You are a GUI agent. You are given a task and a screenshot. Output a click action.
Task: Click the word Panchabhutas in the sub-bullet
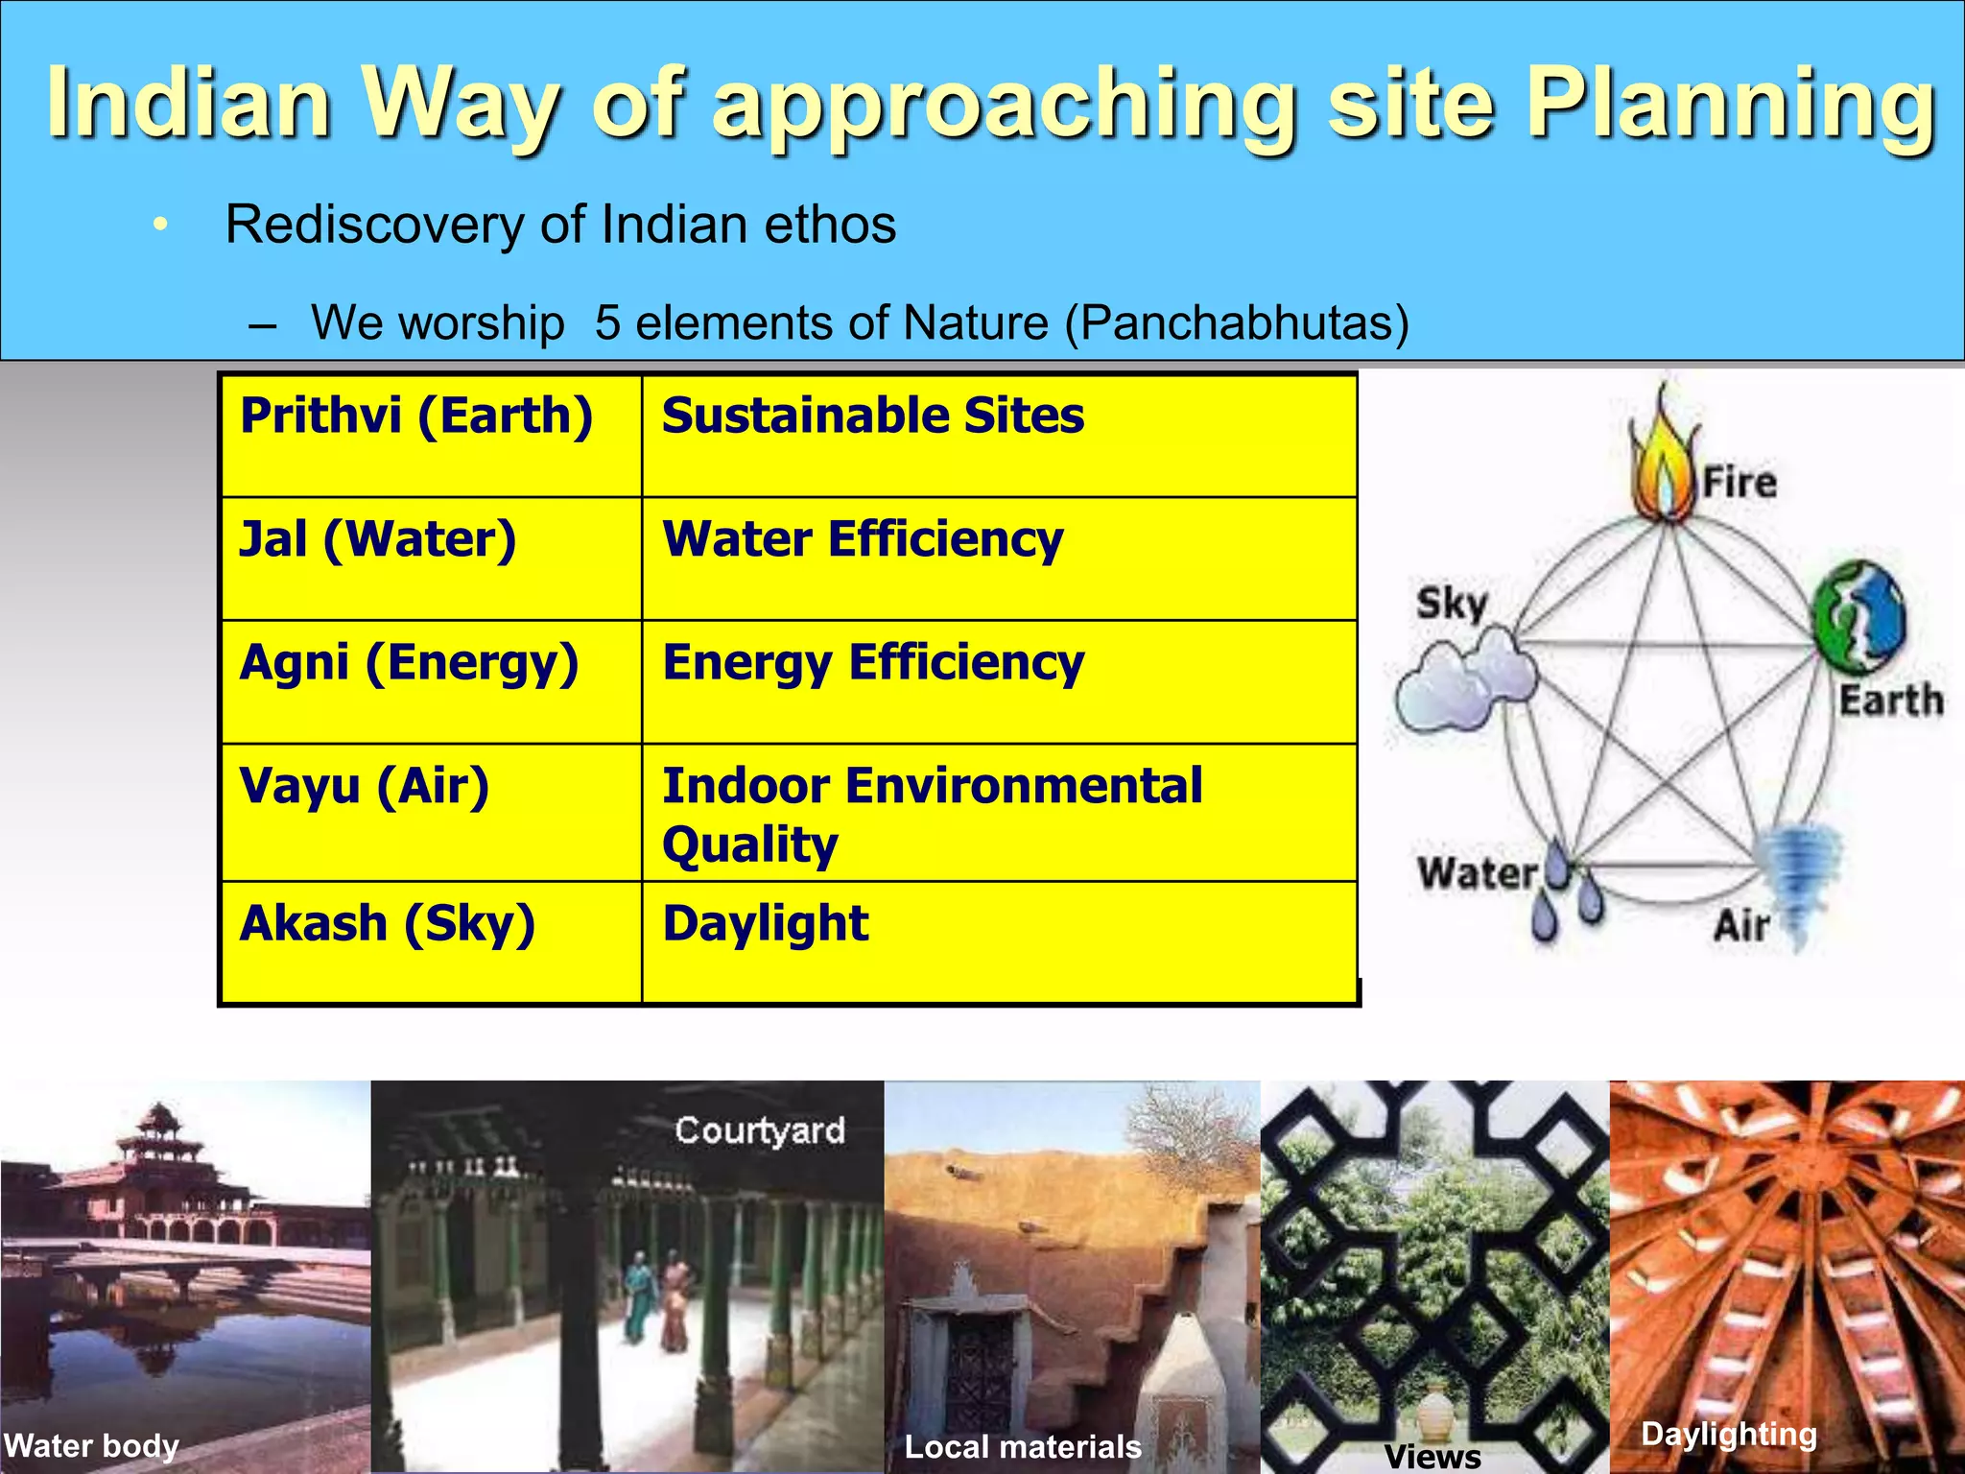(1237, 322)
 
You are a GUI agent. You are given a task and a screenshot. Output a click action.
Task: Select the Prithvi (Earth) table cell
(431, 436)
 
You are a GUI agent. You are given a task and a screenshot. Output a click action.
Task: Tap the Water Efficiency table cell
(999, 559)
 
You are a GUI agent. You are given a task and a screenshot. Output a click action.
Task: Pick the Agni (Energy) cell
(431, 681)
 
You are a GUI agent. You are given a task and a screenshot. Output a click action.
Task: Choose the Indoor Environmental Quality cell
(999, 812)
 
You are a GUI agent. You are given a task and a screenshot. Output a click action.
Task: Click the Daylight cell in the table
(999, 940)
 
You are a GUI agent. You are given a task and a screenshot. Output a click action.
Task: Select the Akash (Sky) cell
(431, 940)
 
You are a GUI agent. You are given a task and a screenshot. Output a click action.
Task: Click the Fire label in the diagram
(1740, 482)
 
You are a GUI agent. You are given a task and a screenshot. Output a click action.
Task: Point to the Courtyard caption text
(759, 1130)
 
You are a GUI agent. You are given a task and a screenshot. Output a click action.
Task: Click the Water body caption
(91, 1445)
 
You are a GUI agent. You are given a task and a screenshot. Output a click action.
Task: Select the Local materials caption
(1023, 1446)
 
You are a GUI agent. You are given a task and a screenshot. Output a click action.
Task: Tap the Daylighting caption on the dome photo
(1729, 1434)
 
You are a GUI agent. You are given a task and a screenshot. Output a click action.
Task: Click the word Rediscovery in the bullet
(375, 225)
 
